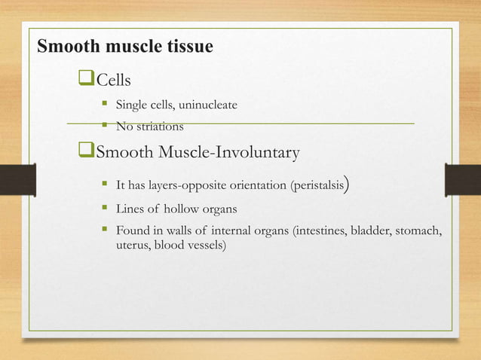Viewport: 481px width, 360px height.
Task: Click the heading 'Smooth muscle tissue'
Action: (x=125, y=47)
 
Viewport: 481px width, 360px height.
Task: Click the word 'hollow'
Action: (x=186, y=208)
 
